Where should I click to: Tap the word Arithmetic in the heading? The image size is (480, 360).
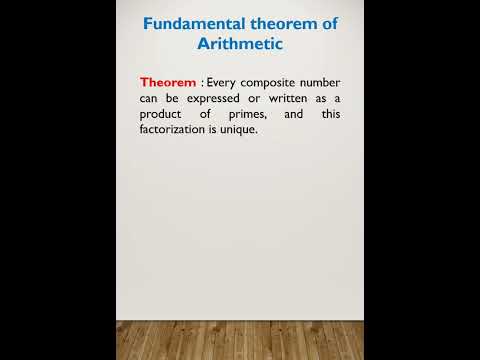point(240,44)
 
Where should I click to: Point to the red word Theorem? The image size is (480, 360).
point(168,82)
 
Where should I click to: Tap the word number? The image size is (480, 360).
point(321,82)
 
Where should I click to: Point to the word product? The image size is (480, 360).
point(163,114)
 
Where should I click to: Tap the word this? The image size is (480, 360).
point(331,114)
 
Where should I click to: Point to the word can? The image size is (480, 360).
point(150,98)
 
